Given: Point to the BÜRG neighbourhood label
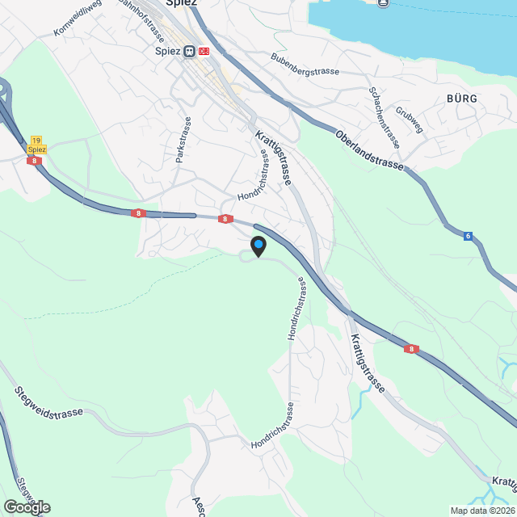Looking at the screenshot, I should tap(461, 99).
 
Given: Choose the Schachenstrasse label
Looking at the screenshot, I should tap(385, 116).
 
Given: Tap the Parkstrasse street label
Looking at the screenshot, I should tap(179, 142).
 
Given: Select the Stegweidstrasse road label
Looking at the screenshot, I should tap(48, 401).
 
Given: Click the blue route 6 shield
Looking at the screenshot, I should tap(468, 236).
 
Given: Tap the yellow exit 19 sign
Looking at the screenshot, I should tap(36, 141).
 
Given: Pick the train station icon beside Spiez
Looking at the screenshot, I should tap(189, 51).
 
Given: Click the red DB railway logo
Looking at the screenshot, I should tap(203, 51).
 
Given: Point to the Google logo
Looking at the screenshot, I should tap(26, 506).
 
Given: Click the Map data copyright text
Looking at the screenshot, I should tap(482, 511).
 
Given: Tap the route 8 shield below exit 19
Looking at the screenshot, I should tap(35, 161).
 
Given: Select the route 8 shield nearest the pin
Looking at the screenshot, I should tap(225, 219).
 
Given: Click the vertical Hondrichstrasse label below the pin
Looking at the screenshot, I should tap(295, 309).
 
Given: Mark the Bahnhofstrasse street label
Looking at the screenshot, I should tap(142, 22).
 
